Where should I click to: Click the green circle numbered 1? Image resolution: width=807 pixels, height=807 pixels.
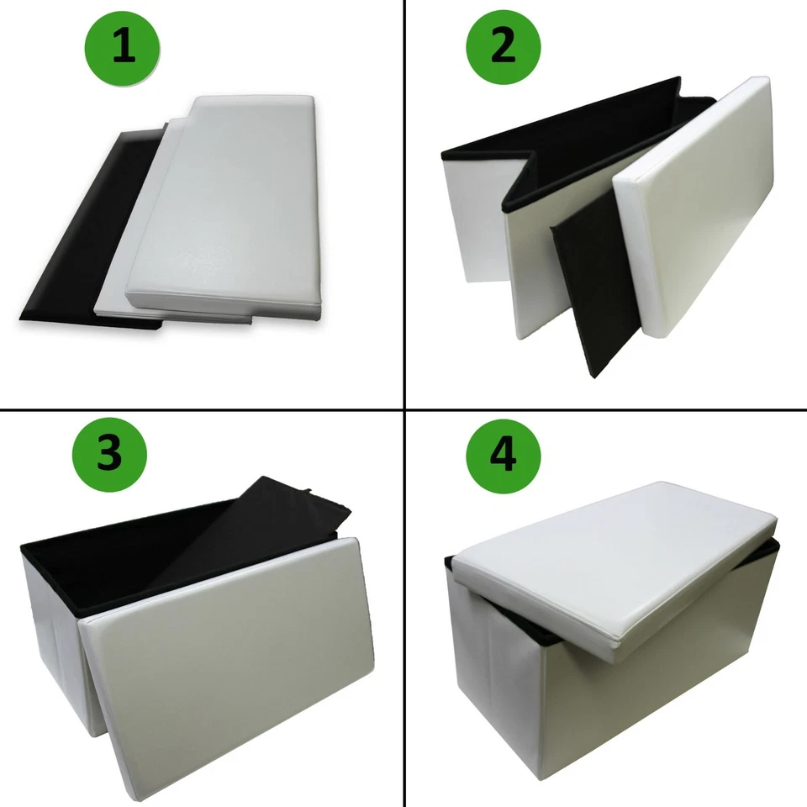click(124, 47)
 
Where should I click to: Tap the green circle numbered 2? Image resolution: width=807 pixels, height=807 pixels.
click(503, 47)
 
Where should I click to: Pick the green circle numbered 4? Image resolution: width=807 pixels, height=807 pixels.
click(503, 454)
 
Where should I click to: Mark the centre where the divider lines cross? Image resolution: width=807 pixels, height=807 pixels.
click(405, 409)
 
